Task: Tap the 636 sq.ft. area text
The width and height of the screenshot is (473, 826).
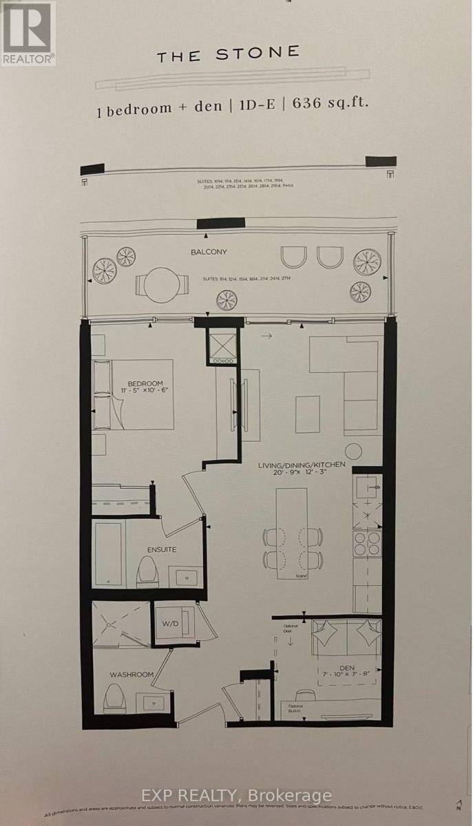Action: click(x=330, y=104)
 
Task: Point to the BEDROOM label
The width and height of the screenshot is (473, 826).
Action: click(x=145, y=383)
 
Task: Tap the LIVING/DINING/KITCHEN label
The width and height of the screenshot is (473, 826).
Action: click(x=302, y=465)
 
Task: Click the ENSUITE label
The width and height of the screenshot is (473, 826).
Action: click(x=161, y=549)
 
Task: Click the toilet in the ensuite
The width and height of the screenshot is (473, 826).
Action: click(x=147, y=571)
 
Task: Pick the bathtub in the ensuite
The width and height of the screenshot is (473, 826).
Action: click(x=109, y=554)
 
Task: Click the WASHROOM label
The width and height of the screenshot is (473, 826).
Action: click(x=131, y=675)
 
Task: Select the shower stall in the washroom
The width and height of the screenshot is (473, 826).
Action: click(x=123, y=624)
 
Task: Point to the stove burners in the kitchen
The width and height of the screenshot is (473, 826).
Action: click(x=368, y=544)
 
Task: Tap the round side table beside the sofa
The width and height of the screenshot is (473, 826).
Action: click(x=354, y=451)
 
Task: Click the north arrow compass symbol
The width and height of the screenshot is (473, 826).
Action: click(x=457, y=805)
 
